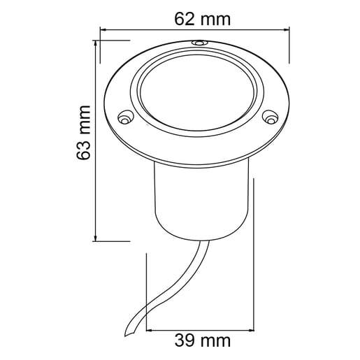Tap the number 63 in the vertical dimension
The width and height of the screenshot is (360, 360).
[x=85, y=150]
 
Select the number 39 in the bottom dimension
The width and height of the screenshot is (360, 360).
[x=184, y=342]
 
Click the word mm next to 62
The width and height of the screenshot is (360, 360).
[x=213, y=20]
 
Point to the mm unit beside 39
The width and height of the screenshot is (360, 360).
[x=215, y=342]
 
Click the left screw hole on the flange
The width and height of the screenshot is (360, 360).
[x=126, y=117]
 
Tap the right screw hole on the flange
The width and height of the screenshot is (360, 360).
[x=271, y=118]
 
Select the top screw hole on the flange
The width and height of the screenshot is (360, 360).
[x=201, y=43]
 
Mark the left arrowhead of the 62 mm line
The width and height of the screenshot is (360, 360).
[x=103, y=30]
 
